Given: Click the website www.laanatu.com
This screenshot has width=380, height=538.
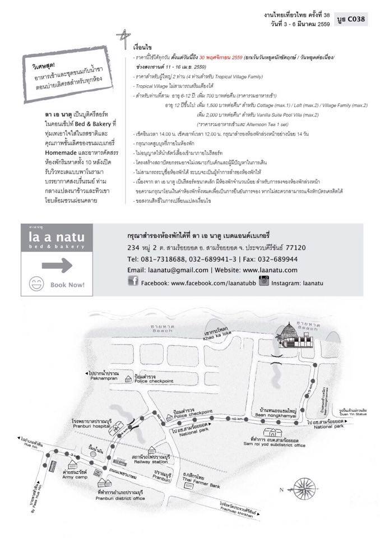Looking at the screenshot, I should [270, 270].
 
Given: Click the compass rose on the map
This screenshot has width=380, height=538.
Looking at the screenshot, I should [305, 483].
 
